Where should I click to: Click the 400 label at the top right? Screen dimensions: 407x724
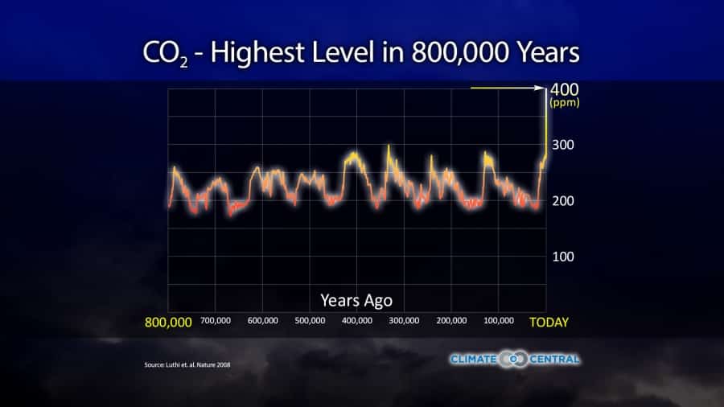564,88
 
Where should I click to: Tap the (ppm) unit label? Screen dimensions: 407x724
565,103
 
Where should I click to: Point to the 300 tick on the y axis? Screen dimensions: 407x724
562,146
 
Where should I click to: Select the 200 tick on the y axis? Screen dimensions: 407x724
562,200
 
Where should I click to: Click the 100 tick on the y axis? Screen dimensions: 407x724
562,257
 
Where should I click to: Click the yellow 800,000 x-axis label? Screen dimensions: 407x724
168,323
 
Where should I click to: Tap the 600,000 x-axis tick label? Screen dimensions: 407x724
263,321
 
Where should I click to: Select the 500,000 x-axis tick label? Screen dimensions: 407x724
310,321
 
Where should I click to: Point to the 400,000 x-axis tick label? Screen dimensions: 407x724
357,321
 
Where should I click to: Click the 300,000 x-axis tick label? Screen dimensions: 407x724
404,321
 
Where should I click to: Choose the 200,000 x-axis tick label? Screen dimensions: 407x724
451,321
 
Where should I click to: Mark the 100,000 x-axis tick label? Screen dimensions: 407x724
499,321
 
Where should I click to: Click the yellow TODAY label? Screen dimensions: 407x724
549,323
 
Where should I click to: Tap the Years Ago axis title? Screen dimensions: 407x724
356,301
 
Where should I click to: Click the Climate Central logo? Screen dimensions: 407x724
515,359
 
